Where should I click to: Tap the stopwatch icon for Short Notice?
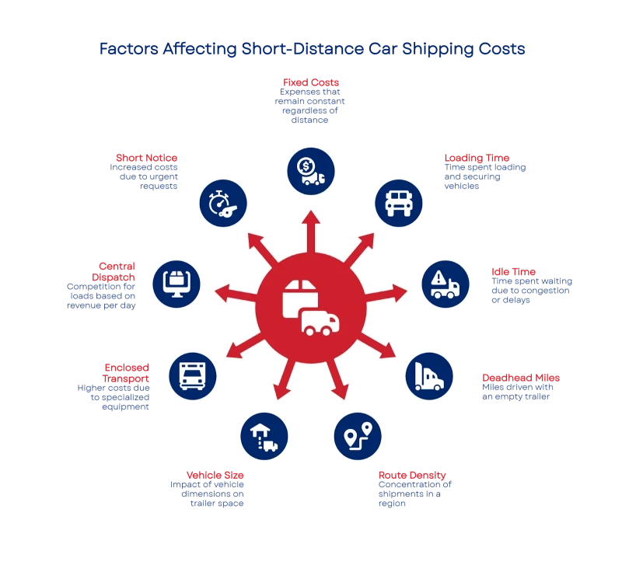pyautogui.click(x=223, y=204)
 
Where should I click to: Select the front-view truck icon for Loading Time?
pyautogui.click(x=399, y=203)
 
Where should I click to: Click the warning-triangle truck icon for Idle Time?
pyautogui.click(x=445, y=284)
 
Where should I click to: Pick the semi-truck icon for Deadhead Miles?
pyautogui.click(x=428, y=376)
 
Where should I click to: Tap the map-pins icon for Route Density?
pyautogui.click(x=358, y=437)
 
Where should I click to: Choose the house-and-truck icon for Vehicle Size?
pyautogui.click(x=264, y=436)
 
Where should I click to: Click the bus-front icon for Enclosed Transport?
pyautogui.click(x=193, y=376)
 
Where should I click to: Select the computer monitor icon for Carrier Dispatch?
pyautogui.click(x=176, y=283)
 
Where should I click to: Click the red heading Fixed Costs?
pyautogui.click(x=310, y=82)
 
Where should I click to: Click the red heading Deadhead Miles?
pyautogui.click(x=519, y=378)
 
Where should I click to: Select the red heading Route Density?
pyautogui.click(x=411, y=475)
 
